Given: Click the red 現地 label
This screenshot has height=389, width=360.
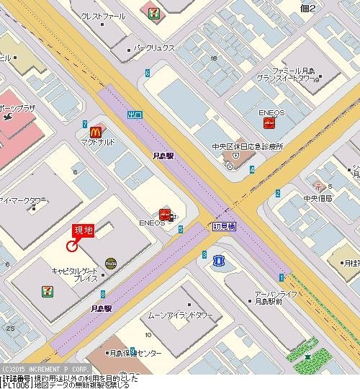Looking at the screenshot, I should tap(83, 231).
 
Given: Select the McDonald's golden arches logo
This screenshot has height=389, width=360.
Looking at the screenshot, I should tap(95, 131).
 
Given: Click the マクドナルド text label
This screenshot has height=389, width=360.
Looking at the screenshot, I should tap(97, 143).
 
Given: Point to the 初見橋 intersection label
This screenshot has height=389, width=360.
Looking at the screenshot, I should tap(225, 226).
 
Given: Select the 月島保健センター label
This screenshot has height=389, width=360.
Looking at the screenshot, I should tap(134, 353).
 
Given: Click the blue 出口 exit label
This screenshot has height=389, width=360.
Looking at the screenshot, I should tap(135, 114).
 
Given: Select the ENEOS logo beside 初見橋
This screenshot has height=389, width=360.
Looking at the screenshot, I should tap(165, 214).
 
